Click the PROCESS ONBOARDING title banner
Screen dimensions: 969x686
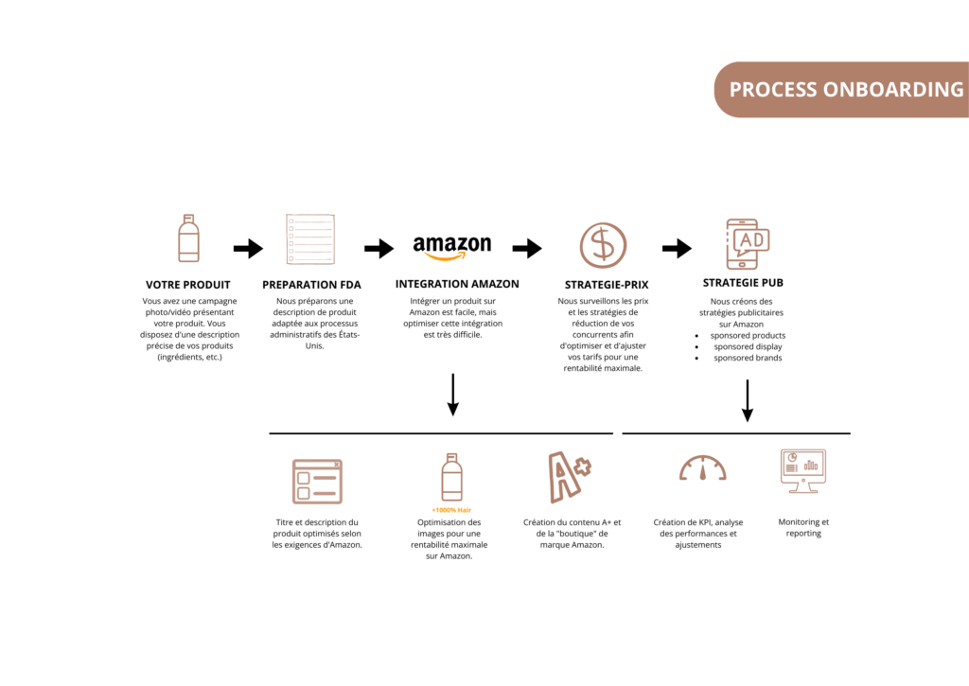[x=841, y=90]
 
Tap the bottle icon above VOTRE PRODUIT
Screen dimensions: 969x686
[x=188, y=238]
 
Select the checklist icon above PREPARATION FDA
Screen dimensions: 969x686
[x=310, y=239]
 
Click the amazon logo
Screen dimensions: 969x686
[x=452, y=247]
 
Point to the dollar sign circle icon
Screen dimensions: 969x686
[x=603, y=245]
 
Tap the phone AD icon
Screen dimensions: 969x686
[x=748, y=244]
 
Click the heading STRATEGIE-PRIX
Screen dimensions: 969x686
[x=607, y=285]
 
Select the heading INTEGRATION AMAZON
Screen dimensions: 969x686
[x=457, y=284]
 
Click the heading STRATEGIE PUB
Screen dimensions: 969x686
[x=743, y=283]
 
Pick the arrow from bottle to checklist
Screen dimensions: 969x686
[x=249, y=249]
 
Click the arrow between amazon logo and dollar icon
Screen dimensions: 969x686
[x=527, y=249]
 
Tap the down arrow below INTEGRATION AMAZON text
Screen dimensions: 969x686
[x=453, y=395]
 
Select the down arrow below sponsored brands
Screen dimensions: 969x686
[x=748, y=400]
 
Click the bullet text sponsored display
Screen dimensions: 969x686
[x=748, y=346]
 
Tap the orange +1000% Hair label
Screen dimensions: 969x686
[x=451, y=510]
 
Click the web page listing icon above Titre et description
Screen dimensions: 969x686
[x=317, y=482]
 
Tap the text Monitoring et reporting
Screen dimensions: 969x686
[x=803, y=528]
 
